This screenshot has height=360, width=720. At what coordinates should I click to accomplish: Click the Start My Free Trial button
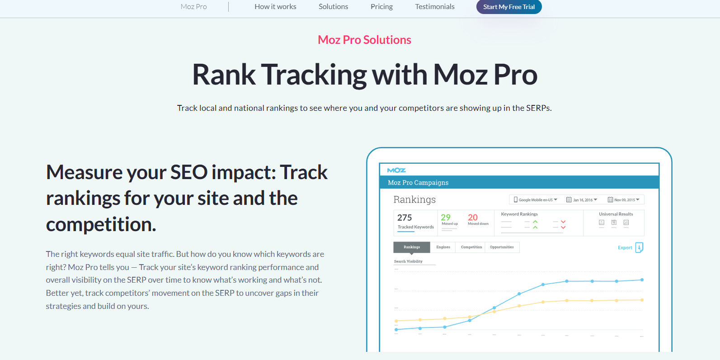[508, 7]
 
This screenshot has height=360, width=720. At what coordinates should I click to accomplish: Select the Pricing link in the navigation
[381, 7]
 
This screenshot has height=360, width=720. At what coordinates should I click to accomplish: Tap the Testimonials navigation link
[434, 7]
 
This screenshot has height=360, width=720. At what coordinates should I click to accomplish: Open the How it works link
[275, 7]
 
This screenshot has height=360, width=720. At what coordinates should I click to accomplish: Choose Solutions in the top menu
[333, 7]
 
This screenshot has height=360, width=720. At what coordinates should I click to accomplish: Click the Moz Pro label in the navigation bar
[193, 7]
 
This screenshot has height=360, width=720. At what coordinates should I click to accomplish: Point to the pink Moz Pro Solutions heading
[364, 40]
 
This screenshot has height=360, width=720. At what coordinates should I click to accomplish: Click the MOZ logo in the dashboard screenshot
[396, 170]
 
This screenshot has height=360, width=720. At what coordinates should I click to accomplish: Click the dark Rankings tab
[412, 247]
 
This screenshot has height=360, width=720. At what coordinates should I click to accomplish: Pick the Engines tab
[443, 247]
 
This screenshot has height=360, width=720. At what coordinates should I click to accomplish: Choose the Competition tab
[471, 247]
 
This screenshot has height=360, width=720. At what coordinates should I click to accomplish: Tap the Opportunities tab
[502, 247]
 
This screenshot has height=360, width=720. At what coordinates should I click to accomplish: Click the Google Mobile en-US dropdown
[536, 199]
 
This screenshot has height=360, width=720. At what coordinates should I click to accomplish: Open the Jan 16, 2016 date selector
[582, 199]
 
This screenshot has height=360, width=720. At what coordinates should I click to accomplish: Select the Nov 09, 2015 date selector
[624, 199]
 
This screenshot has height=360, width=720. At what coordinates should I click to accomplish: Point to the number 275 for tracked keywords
[405, 218]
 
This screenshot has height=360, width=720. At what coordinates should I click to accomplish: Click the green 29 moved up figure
[446, 218]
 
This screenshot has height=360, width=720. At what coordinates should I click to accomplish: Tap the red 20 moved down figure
[473, 218]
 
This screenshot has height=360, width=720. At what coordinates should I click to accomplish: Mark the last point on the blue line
[642, 280]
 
